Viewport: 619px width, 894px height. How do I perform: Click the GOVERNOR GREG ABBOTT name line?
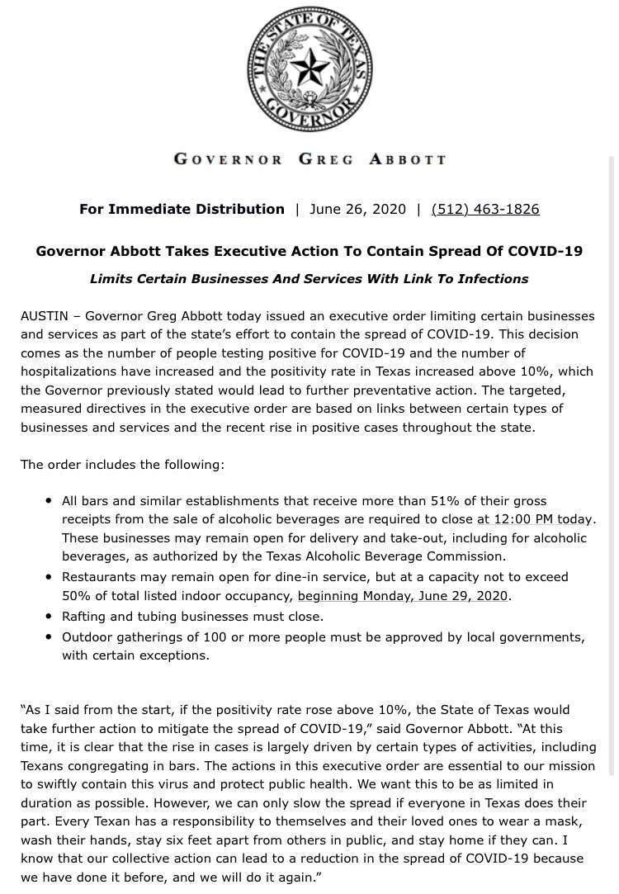pos(309,158)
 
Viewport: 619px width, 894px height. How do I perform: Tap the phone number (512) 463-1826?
pos(485,209)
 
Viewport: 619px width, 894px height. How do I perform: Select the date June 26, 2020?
pos(357,209)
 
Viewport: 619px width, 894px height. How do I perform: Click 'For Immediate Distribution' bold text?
pos(182,209)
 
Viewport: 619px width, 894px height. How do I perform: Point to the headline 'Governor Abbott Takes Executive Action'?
pos(309,251)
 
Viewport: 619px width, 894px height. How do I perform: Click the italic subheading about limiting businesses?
pos(309,279)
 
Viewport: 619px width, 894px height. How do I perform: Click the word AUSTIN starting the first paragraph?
pos(45,317)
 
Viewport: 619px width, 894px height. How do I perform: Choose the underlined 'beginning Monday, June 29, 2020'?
pos(403,595)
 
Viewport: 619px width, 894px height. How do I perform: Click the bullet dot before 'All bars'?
pos(50,501)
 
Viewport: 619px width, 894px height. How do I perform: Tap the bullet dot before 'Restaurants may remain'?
pos(50,577)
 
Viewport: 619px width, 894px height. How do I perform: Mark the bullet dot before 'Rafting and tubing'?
pos(50,617)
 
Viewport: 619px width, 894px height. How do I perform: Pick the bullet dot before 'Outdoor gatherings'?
pos(50,637)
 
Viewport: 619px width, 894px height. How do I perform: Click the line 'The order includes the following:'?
pos(122,465)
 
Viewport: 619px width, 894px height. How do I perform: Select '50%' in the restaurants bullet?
pos(77,595)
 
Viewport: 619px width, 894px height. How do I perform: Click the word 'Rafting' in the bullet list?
pos(86,617)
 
